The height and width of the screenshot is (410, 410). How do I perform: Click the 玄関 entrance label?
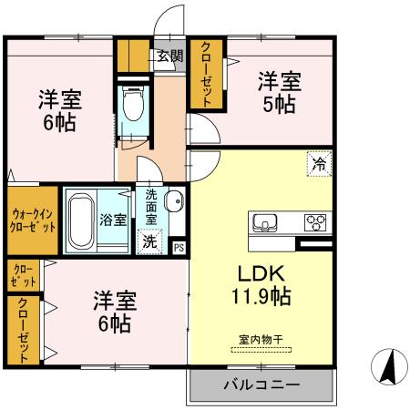(169, 56)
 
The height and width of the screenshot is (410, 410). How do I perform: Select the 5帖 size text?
(278, 104)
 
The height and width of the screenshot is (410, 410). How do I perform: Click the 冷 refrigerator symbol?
(319, 166)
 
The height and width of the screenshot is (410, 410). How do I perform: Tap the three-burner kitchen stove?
(316, 221)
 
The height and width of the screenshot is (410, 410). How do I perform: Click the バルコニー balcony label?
(261, 384)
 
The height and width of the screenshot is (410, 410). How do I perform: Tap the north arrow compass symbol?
(387, 367)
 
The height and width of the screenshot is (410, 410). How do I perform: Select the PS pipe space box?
(179, 246)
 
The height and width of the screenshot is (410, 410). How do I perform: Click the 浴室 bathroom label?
(112, 220)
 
